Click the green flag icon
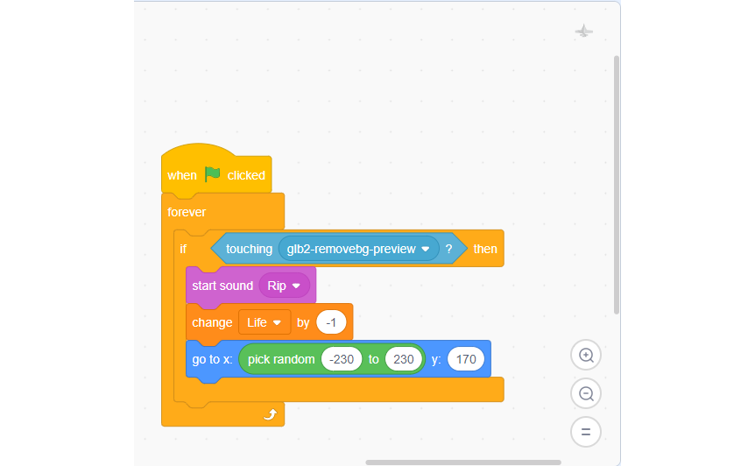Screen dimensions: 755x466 click(212, 173)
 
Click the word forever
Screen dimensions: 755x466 click(187, 212)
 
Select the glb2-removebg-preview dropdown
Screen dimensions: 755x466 click(359, 249)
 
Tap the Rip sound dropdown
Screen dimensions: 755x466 click(284, 286)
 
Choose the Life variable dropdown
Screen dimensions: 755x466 click(265, 322)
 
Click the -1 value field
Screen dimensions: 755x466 click(331, 322)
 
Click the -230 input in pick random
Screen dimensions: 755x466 click(342, 359)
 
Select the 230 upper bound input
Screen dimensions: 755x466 click(404, 359)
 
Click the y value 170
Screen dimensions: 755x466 click(466, 359)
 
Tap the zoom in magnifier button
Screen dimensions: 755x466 click(586, 356)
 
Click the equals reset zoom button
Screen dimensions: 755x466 click(586, 432)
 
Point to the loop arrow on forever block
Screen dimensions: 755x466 click(270, 414)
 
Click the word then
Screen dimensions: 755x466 click(485, 249)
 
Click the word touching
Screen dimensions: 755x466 click(249, 249)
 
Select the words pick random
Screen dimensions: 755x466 click(281, 360)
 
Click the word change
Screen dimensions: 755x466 click(212, 322)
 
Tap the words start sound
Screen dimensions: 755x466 click(222, 286)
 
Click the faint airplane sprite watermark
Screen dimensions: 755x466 click(583, 31)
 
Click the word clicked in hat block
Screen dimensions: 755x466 click(246, 175)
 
